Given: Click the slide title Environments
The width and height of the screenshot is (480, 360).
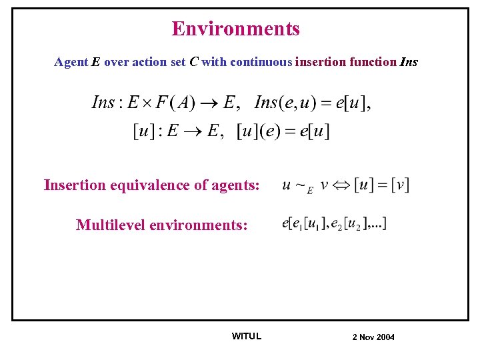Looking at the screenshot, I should (236, 29).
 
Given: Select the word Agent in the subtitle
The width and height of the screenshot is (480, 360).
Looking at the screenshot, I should (71, 62).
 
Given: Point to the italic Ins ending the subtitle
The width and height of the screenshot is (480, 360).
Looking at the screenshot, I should (409, 62).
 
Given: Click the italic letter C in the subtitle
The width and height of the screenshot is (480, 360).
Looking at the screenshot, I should (193, 62).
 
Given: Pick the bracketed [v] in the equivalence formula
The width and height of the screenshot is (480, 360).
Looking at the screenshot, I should (400, 184).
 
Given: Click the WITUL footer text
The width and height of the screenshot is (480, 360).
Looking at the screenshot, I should (246, 336).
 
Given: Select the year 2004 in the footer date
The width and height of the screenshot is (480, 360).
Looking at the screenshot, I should (385, 337).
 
